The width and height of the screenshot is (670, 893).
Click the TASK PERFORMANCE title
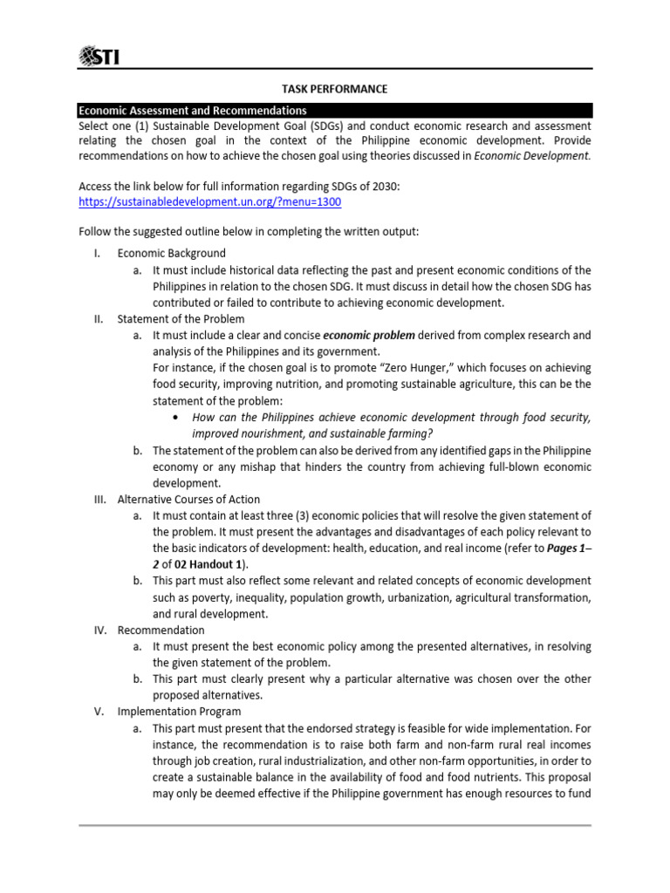tap(335, 90)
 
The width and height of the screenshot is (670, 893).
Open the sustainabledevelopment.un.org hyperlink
tap(210, 201)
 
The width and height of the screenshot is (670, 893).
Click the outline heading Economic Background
tap(171, 253)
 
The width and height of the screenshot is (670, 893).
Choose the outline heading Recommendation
tap(161, 630)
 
